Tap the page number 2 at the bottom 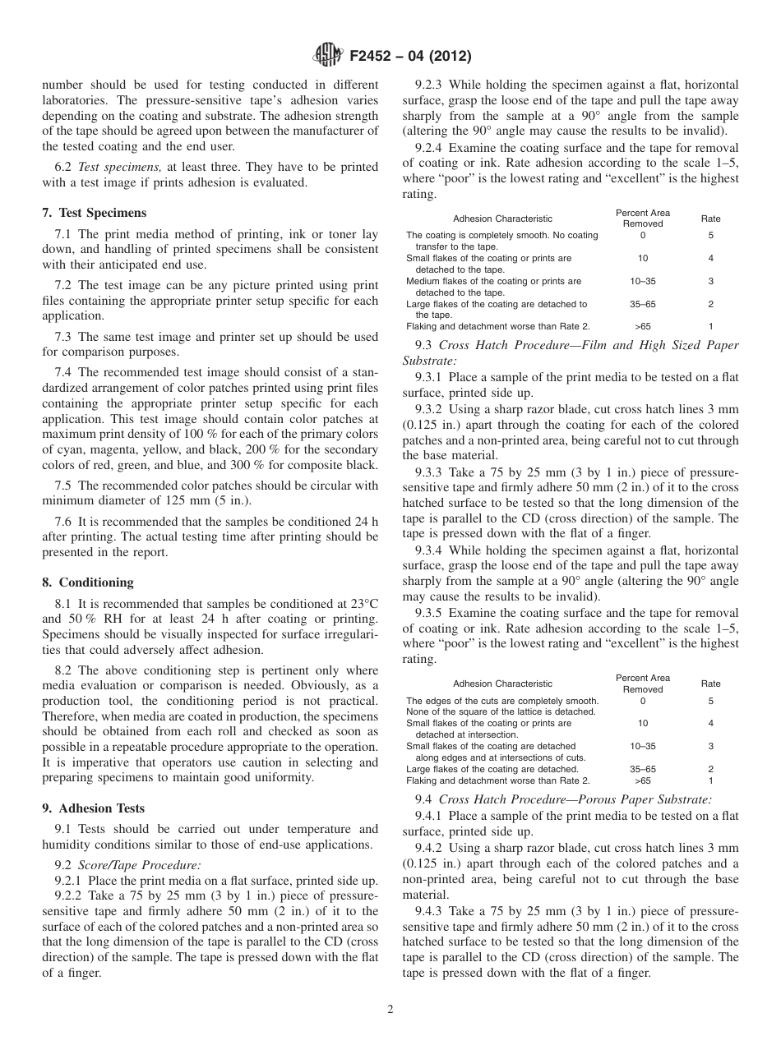[x=390, y=1010]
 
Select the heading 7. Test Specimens [x=94, y=213]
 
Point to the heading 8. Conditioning [x=87, y=582]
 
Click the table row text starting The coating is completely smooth [x=502, y=236]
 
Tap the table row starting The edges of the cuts [x=502, y=701]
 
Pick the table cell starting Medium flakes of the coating [x=493, y=281]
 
